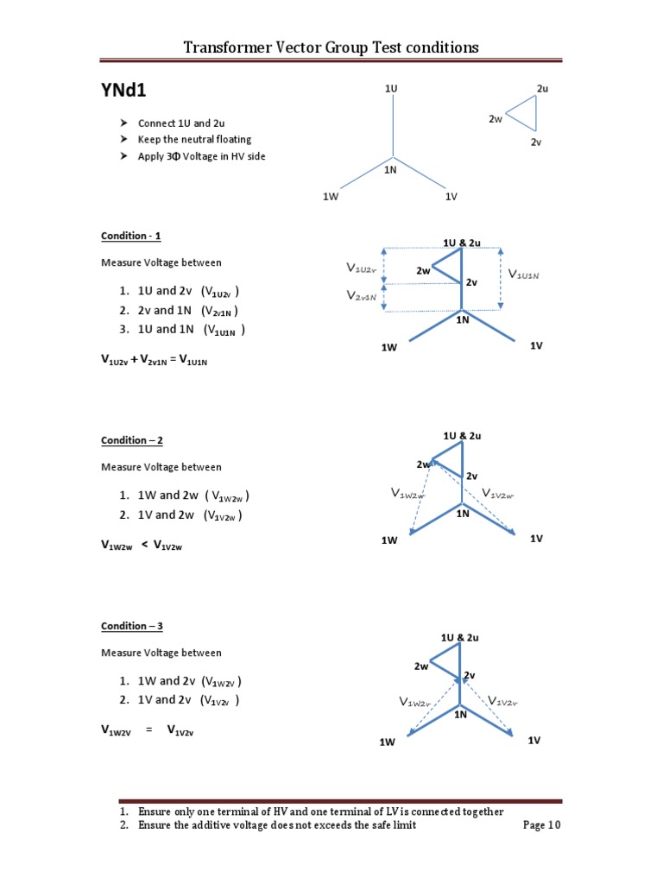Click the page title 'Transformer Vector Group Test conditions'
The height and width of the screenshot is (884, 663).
[x=331, y=47]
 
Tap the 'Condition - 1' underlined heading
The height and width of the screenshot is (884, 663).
[x=131, y=236]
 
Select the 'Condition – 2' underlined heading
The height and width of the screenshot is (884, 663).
[x=131, y=440]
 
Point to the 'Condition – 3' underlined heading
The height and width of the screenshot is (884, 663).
[x=131, y=626]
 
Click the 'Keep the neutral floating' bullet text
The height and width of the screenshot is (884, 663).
[x=194, y=139]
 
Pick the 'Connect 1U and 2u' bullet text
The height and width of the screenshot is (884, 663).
[x=181, y=123]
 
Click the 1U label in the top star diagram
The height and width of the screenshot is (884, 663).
[x=391, y=89]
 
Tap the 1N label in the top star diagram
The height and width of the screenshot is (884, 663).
[x=390, y=171]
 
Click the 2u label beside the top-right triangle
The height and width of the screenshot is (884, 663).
[x=542, y=89]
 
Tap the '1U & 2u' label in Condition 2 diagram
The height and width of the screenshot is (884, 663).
[x=462, y=436]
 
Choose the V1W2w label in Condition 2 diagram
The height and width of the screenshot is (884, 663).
[x=407, y=494]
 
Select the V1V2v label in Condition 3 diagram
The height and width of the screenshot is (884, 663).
[x=502, y=701]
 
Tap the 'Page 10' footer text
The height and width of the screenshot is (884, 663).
[x=542, y=825]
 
